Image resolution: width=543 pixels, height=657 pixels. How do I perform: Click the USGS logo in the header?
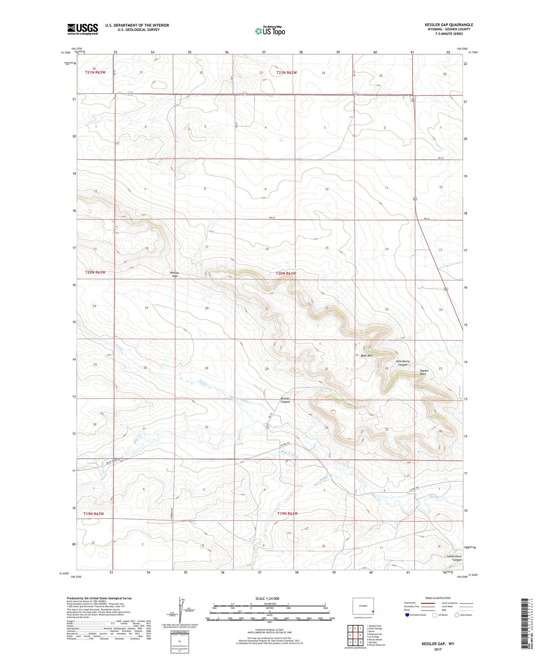82,29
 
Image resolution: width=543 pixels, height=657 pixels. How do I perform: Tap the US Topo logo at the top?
270,30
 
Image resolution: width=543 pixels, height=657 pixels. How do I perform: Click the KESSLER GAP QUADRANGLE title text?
449,25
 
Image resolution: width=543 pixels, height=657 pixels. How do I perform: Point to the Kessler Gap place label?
174,274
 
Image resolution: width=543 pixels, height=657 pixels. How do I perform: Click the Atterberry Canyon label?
402,363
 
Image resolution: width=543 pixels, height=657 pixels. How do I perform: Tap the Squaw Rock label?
424,372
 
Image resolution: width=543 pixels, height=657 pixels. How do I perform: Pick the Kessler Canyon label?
285,400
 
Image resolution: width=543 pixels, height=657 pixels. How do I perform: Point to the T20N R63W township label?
95,272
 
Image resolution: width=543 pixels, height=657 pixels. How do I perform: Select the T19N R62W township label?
287,514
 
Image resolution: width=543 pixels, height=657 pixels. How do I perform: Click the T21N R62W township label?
286,73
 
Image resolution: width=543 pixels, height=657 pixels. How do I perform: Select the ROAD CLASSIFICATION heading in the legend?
437,598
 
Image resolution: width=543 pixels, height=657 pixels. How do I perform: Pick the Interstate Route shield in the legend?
407,615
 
